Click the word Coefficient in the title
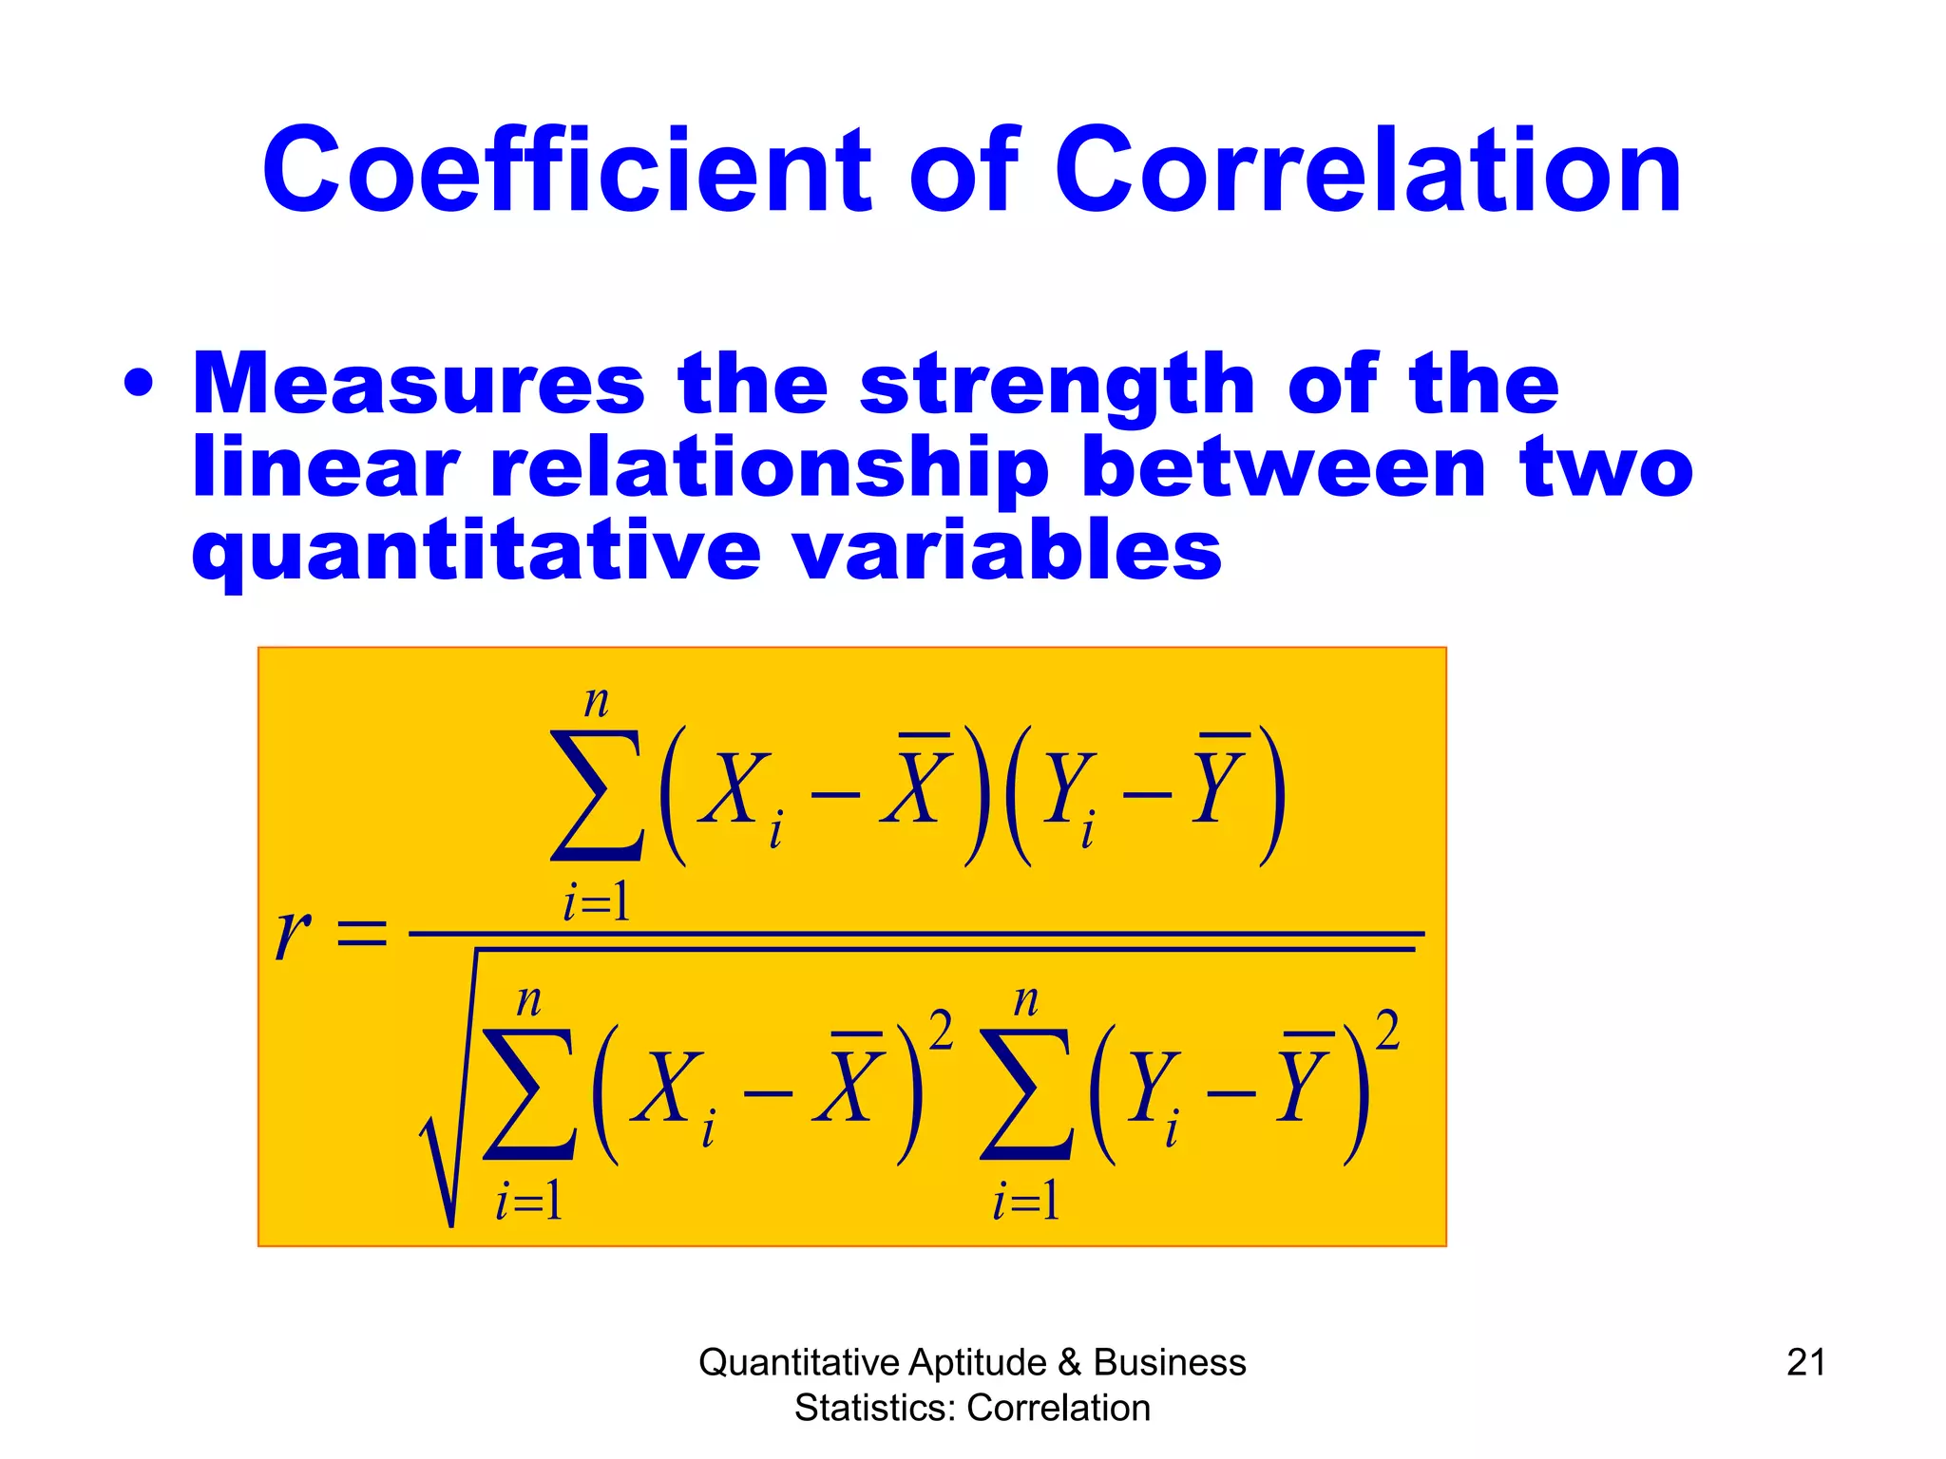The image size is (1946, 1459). click(566, 171)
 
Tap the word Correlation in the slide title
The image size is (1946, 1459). click(1368, 171)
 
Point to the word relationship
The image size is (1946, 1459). click(770, 467)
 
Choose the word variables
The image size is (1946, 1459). click(1007, 551)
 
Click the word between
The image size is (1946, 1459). click(1283, 467)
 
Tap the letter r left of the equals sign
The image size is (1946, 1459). click(293, 933)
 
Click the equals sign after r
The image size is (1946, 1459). click(363, 933)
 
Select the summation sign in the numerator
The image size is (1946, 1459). click(596, 796)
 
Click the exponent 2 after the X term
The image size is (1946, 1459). click(941, 1032)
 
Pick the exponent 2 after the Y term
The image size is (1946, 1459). click(1387, 1032)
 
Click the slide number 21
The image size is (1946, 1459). click(1805, 1362)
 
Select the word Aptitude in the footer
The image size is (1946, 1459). click(977, 1362)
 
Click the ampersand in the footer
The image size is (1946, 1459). click(1069, 1362)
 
